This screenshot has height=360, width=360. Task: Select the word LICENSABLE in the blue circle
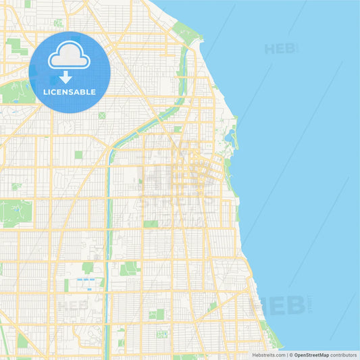click(69, 92)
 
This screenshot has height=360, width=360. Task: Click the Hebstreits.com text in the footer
click(268, 355)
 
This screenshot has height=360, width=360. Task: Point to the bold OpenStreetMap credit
click(311, 355)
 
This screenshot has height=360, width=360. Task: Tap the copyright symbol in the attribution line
click(291, 355)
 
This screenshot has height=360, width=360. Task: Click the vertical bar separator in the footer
click(286, 355)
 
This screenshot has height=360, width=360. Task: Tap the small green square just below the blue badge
click(102, 115)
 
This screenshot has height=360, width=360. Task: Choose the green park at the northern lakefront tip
click(182, 30)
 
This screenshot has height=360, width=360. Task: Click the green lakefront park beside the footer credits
click(274, 338)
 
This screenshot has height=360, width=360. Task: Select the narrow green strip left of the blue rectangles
click(66, 285)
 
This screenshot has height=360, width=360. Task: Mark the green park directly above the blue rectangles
click(88, 268)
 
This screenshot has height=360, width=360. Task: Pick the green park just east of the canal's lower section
click(128, 269)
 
